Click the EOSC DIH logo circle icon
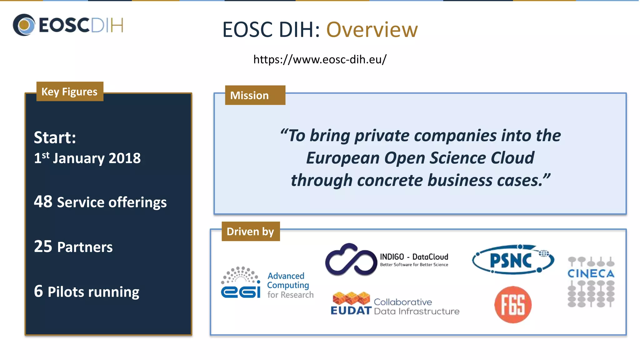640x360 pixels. coord(24,25)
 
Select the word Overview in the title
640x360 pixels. coord(372,30)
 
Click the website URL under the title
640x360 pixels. coord(320,59)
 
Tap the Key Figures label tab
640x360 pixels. coord(70,92)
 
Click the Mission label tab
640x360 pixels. coord(255,95)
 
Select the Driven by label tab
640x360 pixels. coord(250,232)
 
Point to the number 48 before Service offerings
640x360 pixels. coord(43,202)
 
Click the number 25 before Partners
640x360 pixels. coord(43,246)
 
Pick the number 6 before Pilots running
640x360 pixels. coord(38,291)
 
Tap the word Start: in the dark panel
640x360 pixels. coord(55,137)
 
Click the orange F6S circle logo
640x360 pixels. coord(513,305)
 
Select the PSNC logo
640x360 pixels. coord(512,260)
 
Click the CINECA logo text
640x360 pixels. coord(591,274)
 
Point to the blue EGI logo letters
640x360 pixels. coord(241,292)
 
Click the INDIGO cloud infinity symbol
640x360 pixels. coord(351,260)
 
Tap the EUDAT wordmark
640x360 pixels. coord(351,310)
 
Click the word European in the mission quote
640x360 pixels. coord(342,158)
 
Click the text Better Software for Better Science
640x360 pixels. coord(414,265)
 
